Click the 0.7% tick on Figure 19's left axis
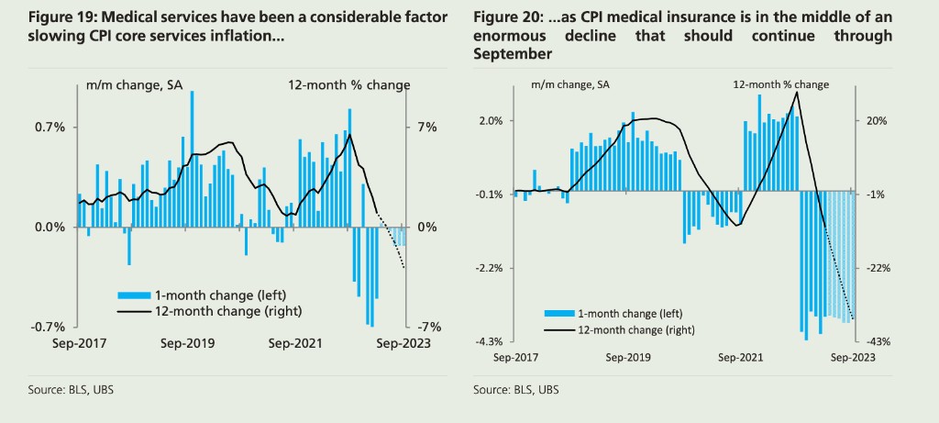[50, 128]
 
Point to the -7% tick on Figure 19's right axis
[430, 327]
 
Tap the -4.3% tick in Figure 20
[488, 341]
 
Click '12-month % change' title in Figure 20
[780, 84]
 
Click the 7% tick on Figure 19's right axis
[427, 128]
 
